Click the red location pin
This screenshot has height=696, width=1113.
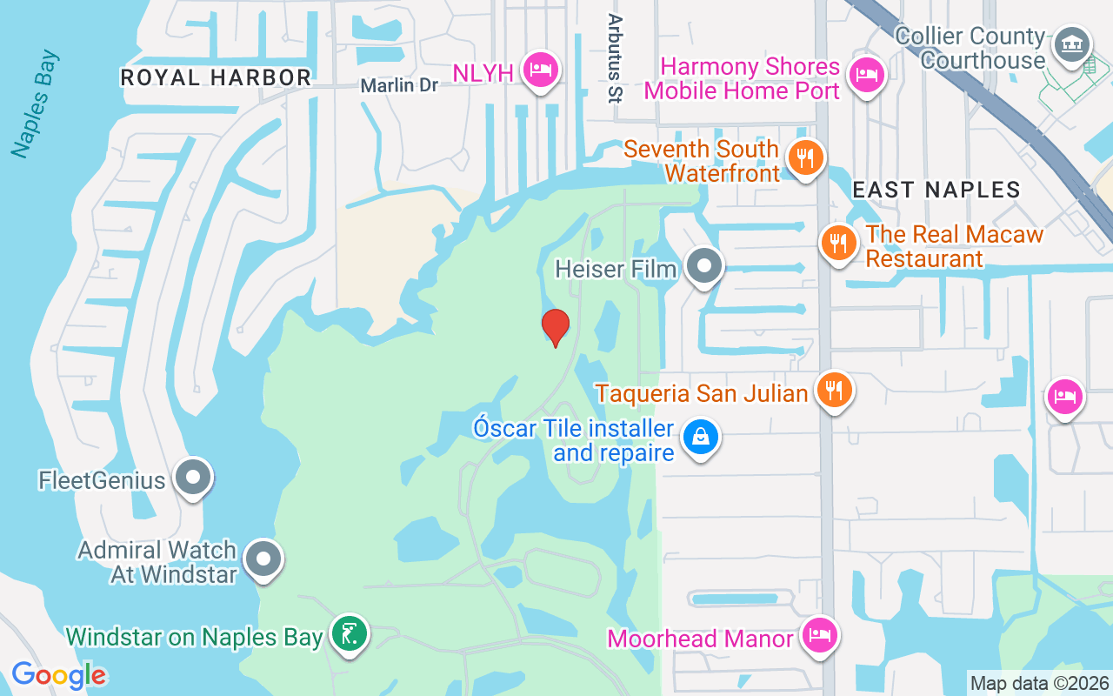555,328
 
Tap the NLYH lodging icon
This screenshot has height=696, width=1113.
540,70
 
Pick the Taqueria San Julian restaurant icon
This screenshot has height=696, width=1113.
833,390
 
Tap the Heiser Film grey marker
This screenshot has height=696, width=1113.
704,266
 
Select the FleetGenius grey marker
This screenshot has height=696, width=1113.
193,478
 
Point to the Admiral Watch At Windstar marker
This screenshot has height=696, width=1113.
263,560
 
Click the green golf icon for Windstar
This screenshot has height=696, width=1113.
350,634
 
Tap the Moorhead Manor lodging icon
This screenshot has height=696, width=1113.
818,636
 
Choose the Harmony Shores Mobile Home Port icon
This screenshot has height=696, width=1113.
865,74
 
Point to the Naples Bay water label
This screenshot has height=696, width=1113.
36,104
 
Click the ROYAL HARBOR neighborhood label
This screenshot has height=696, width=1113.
216,77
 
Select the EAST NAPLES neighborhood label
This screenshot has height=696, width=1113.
936,190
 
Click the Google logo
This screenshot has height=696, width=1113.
58,674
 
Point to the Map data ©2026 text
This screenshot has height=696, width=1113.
1040,683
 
